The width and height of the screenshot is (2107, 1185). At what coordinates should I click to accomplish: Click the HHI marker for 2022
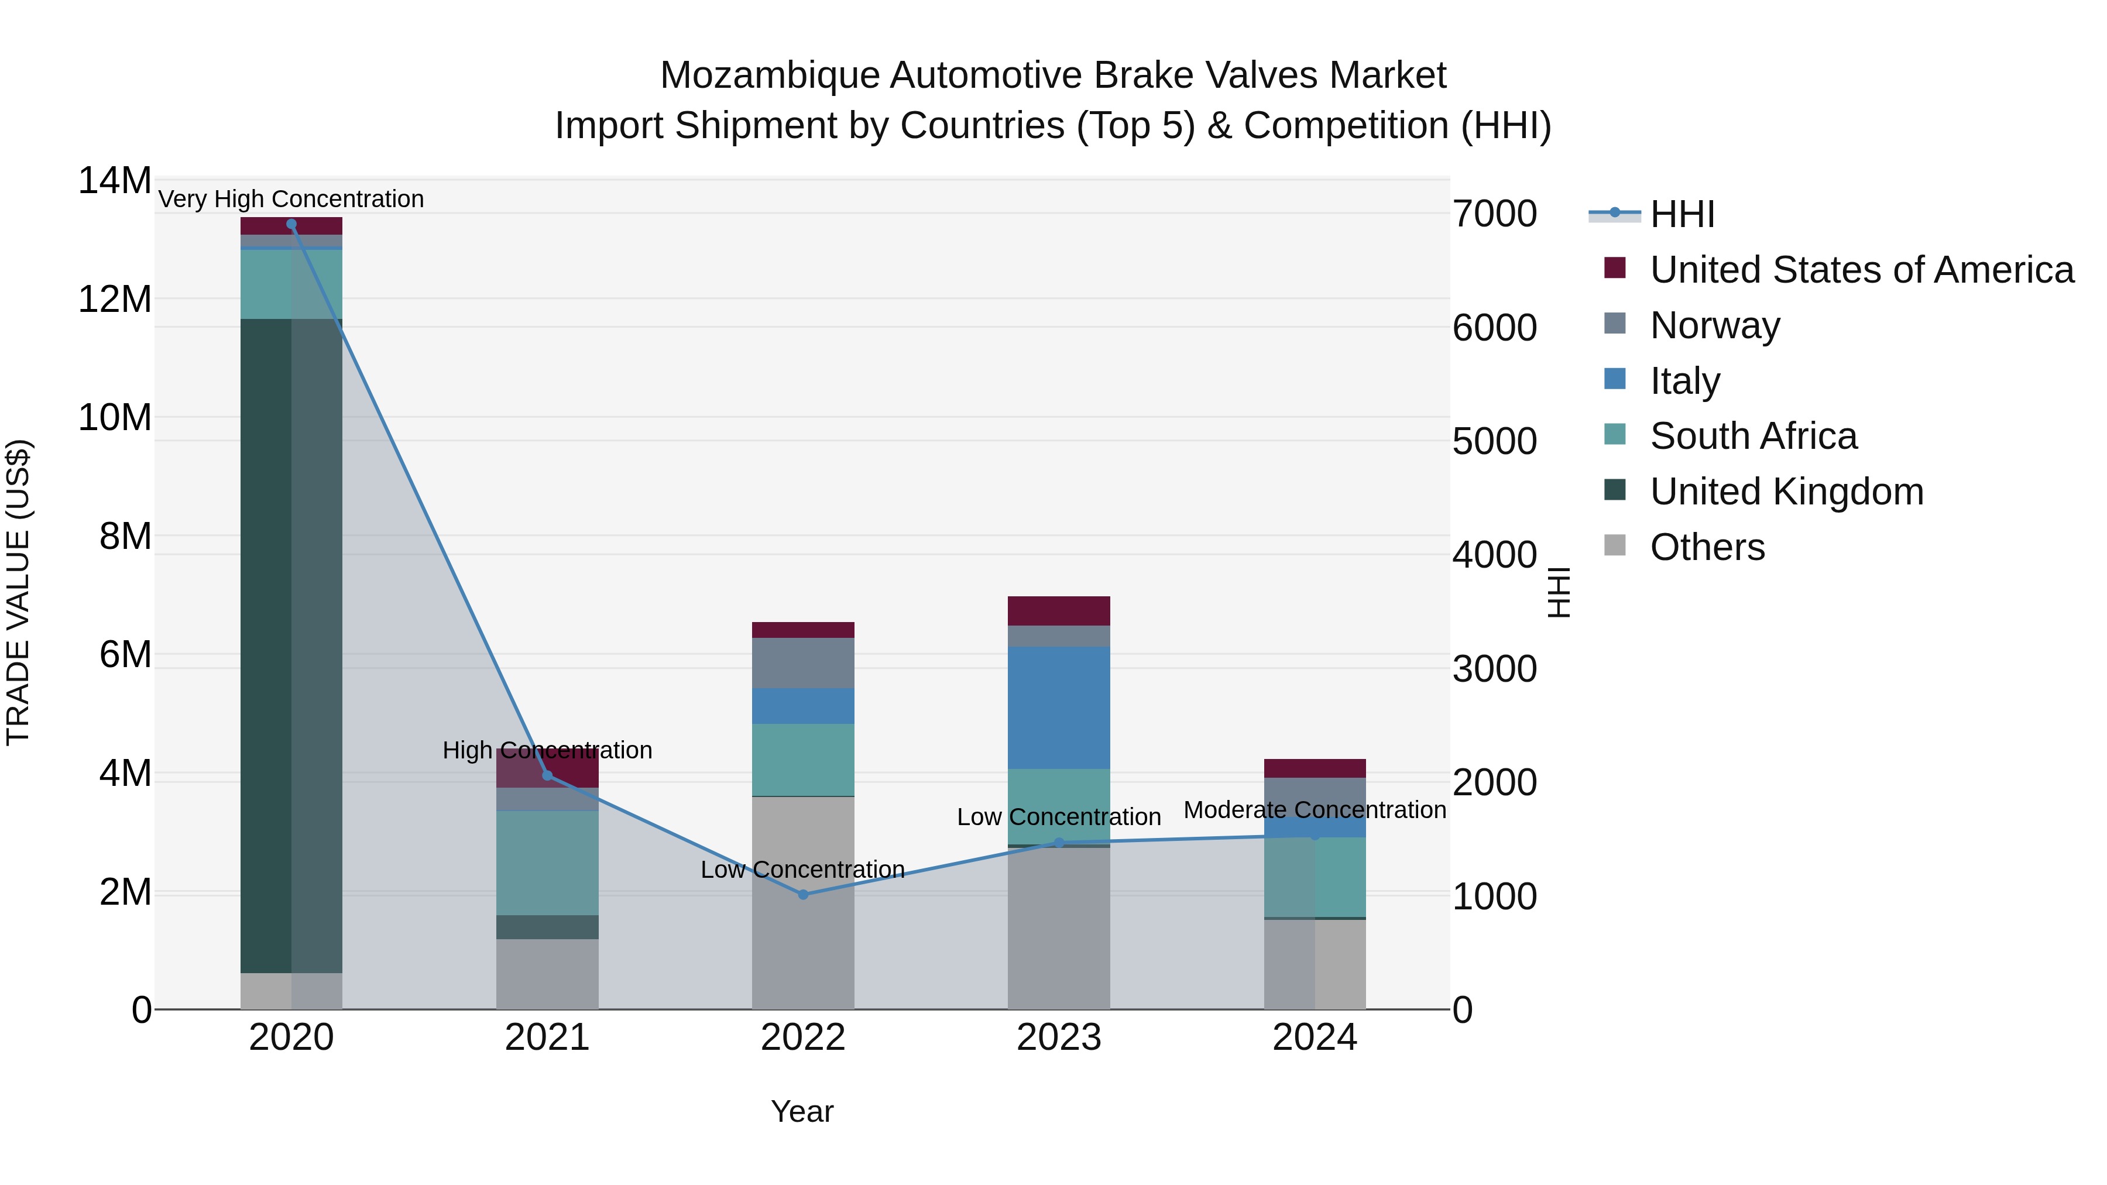click(x=802, y=895)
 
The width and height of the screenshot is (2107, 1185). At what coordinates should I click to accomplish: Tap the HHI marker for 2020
click(x=291, y=224)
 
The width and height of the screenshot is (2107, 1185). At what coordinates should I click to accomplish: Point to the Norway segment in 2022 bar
click(x=802, y=662)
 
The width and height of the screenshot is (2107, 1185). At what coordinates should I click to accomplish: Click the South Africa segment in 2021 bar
click(x=547, y=863)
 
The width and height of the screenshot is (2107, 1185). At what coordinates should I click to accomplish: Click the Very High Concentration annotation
click(x=291, y=200)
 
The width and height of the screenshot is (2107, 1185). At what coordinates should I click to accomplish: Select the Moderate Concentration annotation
click(x=1315, y=810)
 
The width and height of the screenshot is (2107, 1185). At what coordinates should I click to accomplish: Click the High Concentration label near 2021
click(x=547, y=751)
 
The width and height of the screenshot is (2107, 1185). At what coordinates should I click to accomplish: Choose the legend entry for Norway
click(x=1714, y=325)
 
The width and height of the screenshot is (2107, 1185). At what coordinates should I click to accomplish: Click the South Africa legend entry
click(x=1753, y=436)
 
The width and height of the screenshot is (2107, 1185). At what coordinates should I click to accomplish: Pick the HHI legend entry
click(x=1682, y=214)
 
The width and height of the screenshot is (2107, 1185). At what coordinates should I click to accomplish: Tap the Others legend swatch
click(x=1615, y=545)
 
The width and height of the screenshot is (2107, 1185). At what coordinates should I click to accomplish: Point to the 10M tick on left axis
click(x=115, y=418)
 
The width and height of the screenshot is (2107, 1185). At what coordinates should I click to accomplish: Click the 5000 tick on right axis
click(x=1494, y=442)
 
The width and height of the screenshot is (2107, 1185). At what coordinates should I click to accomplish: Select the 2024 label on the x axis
click(x=1315, y=1038)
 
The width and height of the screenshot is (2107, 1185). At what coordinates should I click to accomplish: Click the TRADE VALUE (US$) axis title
click(x=19, y=593)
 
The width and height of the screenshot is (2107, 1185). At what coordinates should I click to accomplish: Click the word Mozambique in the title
click(x=769, y=75)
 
